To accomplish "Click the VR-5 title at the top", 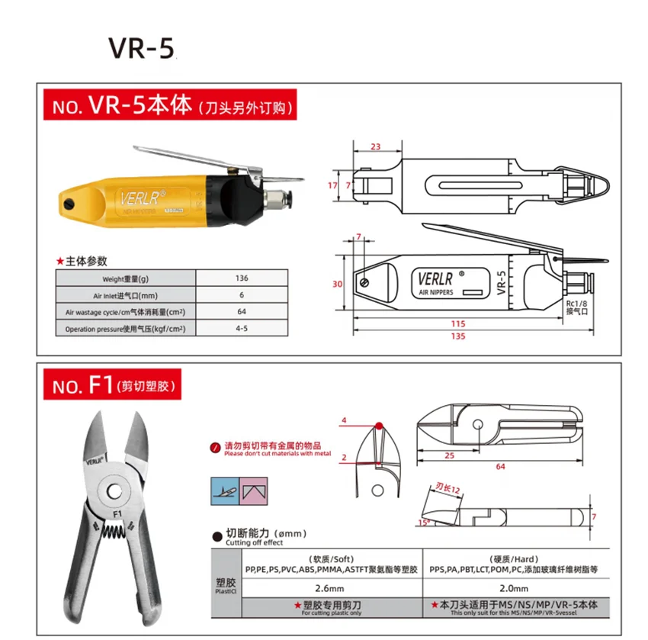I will pos(142,47).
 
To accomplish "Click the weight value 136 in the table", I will pos(242,278).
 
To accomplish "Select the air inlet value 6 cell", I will pos(242,295).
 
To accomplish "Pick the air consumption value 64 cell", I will pos(242,312).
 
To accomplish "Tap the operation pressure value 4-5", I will pos(242,329).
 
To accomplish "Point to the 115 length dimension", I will pos(458,323).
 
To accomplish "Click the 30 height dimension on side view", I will pos(338,285).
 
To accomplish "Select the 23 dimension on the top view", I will pos(375,146).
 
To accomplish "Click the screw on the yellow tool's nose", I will pos(69,204).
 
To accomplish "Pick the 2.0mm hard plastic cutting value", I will pos(514,588).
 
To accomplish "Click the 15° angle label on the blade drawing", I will pos(423,523).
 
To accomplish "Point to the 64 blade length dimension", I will pos(500,466).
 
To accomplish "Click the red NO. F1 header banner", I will pos(112,386).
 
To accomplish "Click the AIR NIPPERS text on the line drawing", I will pos(436,291).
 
